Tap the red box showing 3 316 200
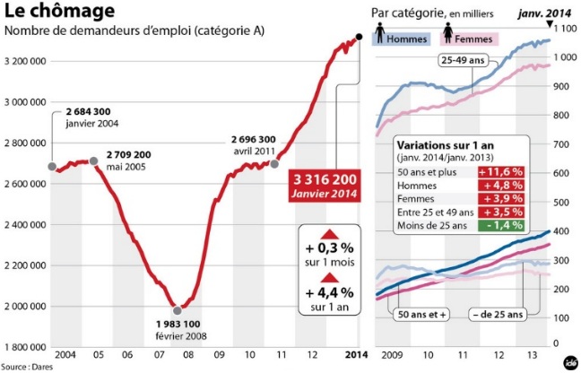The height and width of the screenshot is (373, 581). coord(324,186)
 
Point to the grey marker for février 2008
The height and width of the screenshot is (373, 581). coord(178,309)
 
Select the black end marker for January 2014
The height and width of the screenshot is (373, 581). coord(359,37)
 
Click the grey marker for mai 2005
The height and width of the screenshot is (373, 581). coord(93,161)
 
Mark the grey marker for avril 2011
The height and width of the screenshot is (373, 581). coord(274,164)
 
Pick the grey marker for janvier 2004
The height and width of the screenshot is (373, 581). coord(53,167)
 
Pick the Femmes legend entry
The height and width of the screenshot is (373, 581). coord(473,39)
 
